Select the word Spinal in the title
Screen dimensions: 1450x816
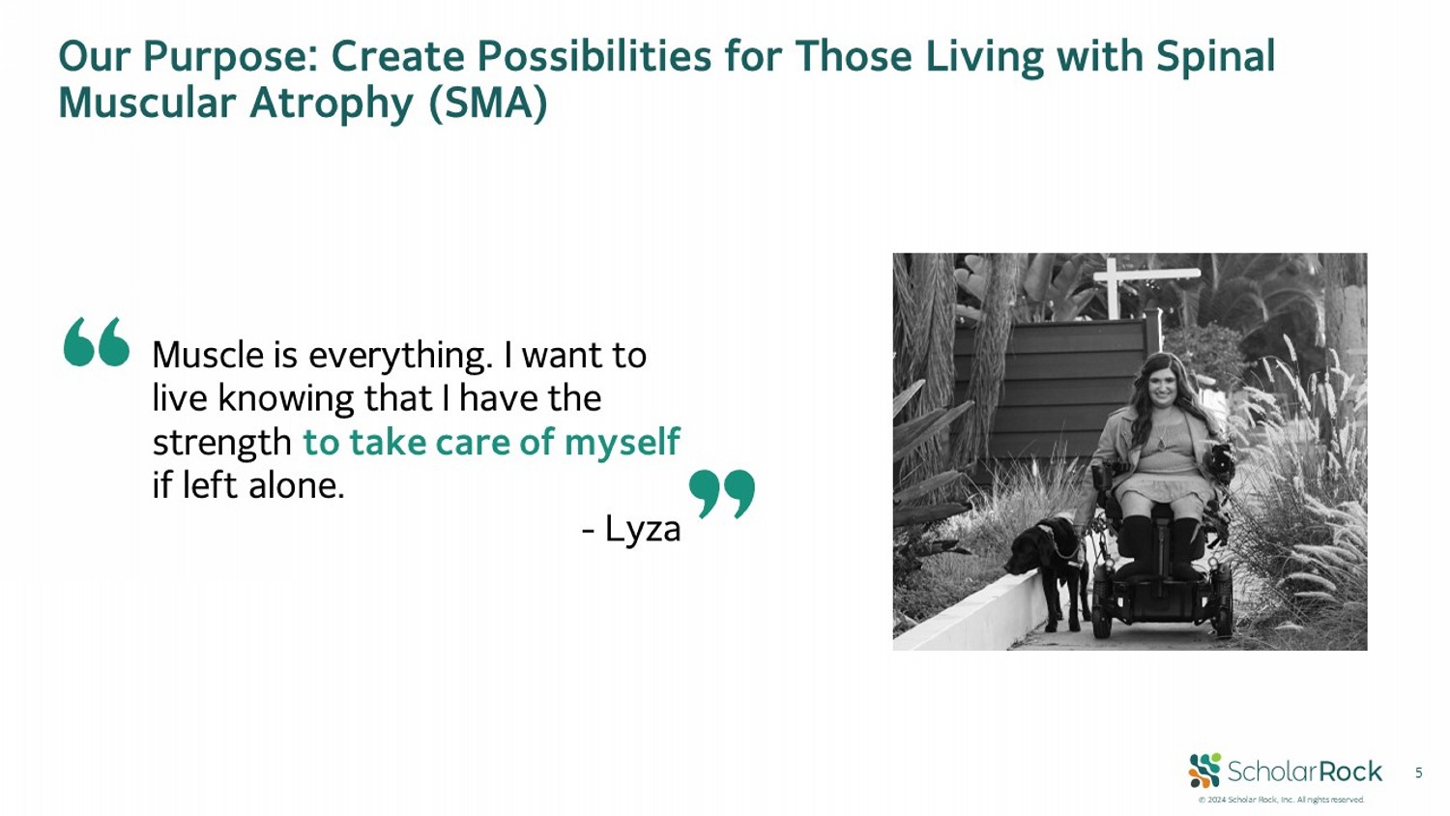[x=1216, y=57]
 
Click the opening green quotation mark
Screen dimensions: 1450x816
[x=97, y=342]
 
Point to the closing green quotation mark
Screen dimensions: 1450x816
[x=722, y=494]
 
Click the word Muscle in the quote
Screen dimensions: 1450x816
[x=209, y=355]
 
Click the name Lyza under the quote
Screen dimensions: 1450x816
[x=643, y=530]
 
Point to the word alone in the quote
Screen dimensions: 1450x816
[x=297, y=485]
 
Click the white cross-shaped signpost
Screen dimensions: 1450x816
[x=1115, y=285]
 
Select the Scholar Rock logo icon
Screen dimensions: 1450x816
[x=1204, y=771]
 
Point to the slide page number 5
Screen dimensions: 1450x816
[x=1418, y=772]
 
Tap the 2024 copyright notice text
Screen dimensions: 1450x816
[x=1281, y=800]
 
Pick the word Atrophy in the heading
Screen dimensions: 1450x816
[x=331, y=103]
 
